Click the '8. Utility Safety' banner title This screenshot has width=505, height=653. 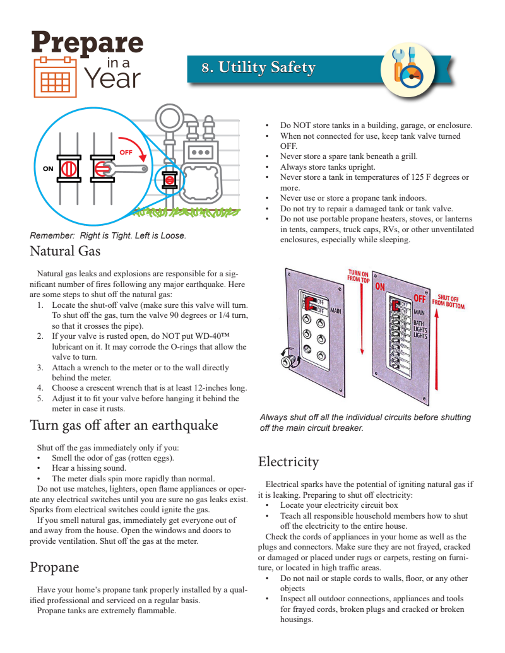click(x=258, y=68)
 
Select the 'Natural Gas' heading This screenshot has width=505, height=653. click(x=65, y=251)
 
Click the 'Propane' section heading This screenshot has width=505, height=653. click(x=54, y=567)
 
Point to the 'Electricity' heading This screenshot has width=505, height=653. click(x=288, y=461)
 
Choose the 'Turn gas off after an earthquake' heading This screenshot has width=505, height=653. click(x=124, y=425)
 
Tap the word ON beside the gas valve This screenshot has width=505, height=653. click(x=48, y=168)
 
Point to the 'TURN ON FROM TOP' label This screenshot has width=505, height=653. click(x=359, y=275)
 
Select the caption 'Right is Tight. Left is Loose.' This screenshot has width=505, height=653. click(x=133, y=235)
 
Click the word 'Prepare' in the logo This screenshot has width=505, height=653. click(x=87, y=43)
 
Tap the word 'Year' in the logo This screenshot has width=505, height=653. click(x=112, y=78)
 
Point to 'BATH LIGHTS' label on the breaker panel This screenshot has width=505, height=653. click(x=420, y=329)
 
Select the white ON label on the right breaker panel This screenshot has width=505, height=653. click(x=380, y=287)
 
